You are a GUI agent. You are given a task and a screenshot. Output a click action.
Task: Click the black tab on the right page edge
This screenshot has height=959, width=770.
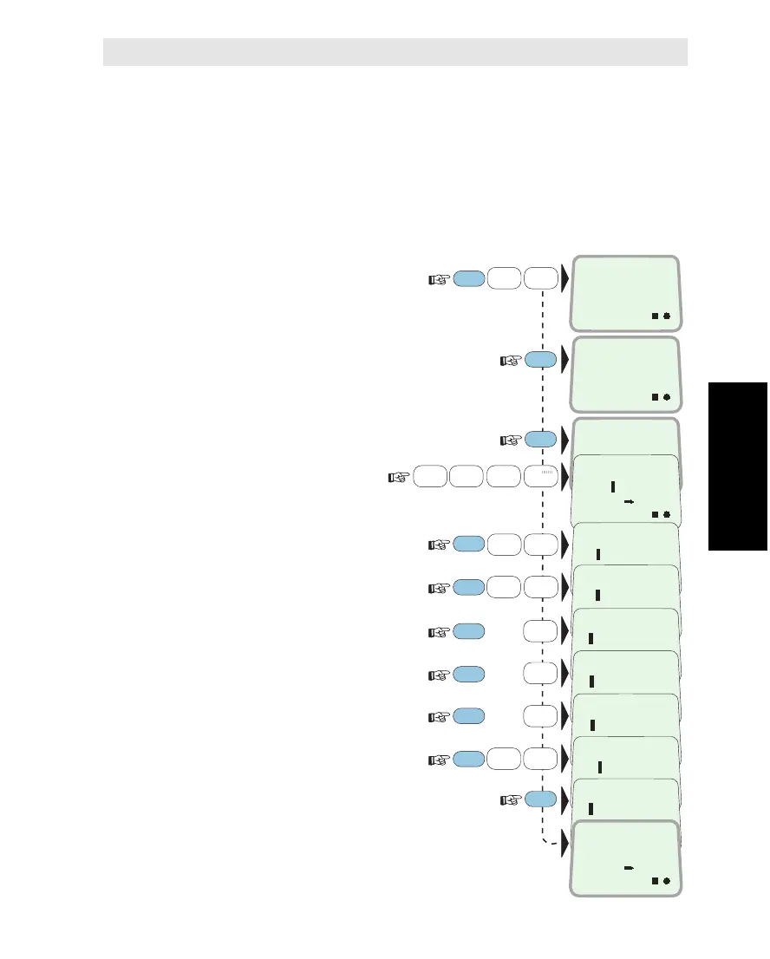point(738,466)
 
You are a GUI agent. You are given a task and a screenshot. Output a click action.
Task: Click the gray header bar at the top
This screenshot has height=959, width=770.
point(395,52)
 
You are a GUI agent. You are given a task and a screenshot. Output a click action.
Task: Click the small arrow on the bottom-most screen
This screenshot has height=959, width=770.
point(628,866)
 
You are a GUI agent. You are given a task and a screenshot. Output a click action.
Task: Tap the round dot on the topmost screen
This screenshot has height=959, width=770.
point(668,316)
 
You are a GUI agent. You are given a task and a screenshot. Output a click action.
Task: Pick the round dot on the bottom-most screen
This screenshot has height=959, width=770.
point(668,880)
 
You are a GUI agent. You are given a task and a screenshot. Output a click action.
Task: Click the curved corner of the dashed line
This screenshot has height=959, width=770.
point(545,839)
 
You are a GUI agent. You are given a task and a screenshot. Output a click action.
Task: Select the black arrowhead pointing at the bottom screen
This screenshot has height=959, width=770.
point(564,842)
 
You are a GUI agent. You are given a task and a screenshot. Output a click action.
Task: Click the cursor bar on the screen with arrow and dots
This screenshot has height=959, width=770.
point(612,487)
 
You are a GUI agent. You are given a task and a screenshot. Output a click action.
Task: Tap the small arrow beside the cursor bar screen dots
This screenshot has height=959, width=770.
point(629,501)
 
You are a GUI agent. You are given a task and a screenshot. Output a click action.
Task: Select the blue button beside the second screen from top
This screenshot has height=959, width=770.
point(539,359)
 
